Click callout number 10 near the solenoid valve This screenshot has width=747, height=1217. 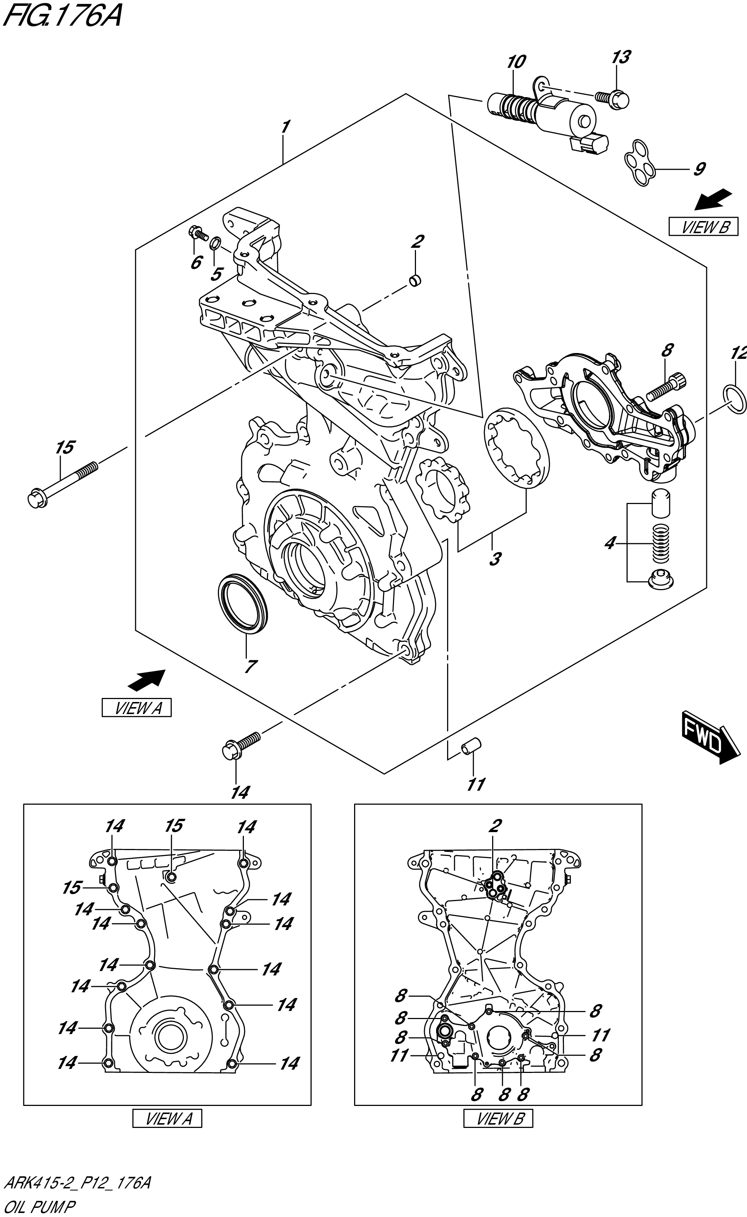(516, 62)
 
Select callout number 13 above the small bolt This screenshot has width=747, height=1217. (621, 57)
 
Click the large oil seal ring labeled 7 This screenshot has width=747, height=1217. (242, 603)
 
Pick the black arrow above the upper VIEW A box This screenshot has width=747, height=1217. (146, 680)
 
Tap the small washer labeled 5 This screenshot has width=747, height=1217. (215, 243)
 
